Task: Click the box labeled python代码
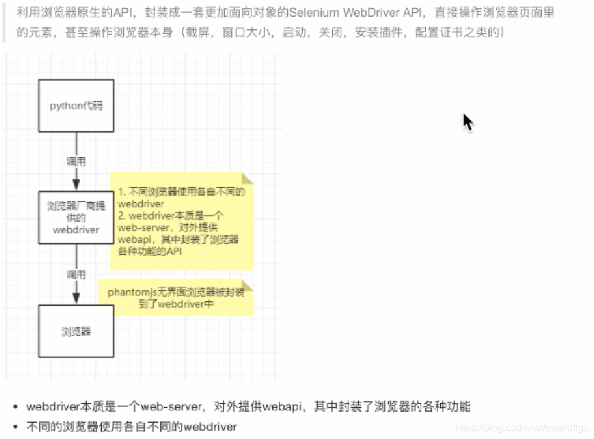click(x=76, y=106)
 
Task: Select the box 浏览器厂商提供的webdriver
click(x=76, y=217)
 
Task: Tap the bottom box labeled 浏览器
click(x=76, y=331)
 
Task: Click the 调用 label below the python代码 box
click(x=76, y=161)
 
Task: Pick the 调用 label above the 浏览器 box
click(x=76, y=274)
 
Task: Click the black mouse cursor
click(x=467, y=122)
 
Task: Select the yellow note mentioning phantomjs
click(x=176, y=298)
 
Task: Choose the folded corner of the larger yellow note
click(x=247, y=179)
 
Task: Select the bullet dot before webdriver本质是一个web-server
click(x=15, y=407)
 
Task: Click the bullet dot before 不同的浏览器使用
click(x=15, y=427)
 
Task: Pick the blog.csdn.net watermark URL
click(x=521, y=428)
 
